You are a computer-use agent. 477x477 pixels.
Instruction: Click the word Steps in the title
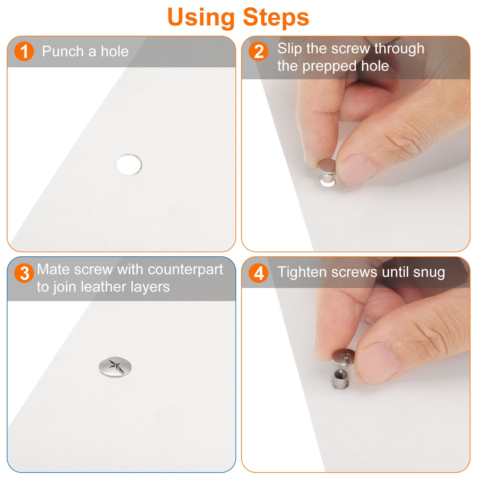(x=276, y=17)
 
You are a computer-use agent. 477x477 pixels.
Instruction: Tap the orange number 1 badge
(x=24, y=51)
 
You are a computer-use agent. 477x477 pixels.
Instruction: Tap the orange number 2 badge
(x=258, y=51)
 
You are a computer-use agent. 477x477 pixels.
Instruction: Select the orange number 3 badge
(x=24, y=273)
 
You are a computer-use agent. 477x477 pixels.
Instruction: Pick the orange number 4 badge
(x=258, y=273)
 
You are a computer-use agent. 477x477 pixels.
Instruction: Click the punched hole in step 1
(x=129, y=164)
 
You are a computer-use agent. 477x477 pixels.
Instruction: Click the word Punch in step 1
(x=63, y=51)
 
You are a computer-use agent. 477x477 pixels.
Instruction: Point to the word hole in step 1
(x=115, y=51)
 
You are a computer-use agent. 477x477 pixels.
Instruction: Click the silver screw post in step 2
(x=326, y=173)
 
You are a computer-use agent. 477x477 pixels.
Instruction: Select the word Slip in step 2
(x=289, y=49)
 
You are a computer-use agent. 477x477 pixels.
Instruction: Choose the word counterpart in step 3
(x=185, y=270)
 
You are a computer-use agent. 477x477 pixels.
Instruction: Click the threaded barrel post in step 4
(x=340, y=379)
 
